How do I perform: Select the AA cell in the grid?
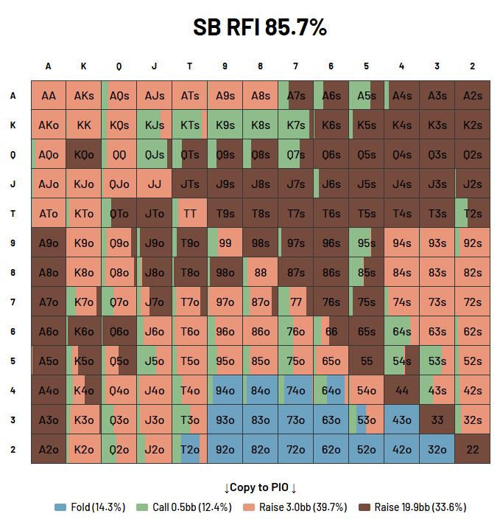click(49, 95)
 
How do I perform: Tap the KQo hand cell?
click(84, 154)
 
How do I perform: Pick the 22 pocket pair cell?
click(472, 449)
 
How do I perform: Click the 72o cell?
click(295, 449)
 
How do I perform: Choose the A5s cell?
click(366, 95)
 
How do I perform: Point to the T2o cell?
click(189, 449)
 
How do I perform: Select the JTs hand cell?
click(189, 184)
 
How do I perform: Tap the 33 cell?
click(437, 420)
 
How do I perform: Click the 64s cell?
click(401, 331)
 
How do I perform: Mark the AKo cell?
click(49, 125)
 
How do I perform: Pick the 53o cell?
click(366, 420)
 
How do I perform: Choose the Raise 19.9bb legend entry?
click(412, 507)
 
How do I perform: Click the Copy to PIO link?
click(260, 487)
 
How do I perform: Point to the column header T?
click(189, 66)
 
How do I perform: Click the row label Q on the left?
click(13, 154)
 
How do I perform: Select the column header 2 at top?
click(472, 66)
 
